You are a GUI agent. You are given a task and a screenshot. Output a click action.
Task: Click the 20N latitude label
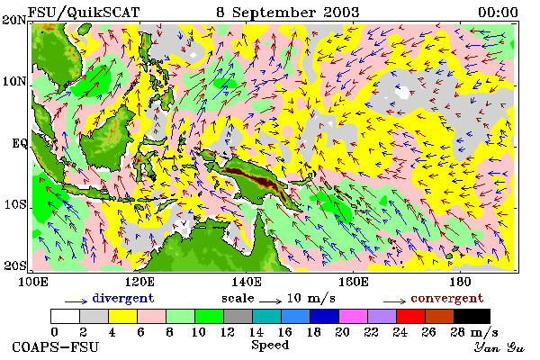[x=14, y=20]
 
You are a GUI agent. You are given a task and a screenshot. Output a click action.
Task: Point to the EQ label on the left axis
[x=20, y=143]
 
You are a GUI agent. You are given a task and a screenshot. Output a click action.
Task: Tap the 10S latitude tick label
[x=15, y=204]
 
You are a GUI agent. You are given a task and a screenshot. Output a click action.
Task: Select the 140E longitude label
[x=246, y=282]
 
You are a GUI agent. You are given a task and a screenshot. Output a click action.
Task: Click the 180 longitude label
[x=460, y=282]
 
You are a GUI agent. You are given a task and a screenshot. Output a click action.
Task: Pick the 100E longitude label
[x=32, y=282]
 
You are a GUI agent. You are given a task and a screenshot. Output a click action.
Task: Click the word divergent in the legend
[x=123, y=298]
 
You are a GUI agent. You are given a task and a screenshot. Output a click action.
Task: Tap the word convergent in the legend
[x=447, y=298]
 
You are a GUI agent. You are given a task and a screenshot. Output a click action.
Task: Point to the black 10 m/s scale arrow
[x=270, y=301]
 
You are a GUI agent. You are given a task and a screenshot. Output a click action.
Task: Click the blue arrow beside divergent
[x=76, y=301]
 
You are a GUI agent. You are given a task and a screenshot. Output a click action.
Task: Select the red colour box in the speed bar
[x=410, y=316]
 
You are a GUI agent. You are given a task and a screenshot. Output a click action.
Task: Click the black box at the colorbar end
[x=472, y=316]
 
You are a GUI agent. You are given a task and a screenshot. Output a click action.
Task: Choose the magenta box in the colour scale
[x=354, y=316]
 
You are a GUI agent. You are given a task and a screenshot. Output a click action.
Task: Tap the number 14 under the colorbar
[x=256, y=332]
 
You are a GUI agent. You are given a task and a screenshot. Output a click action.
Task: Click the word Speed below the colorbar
[x=270, y=346]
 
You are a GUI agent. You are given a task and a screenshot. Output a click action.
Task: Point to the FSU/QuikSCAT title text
[x=84, y=13]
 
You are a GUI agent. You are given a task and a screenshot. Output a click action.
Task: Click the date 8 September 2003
[x=288, y=13]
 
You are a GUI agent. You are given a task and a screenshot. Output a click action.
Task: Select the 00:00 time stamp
[x=498, y=13]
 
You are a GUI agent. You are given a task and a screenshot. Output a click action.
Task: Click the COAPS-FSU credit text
[x=56, y=346]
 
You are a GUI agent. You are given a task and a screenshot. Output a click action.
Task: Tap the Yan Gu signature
[x=499, y=347]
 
